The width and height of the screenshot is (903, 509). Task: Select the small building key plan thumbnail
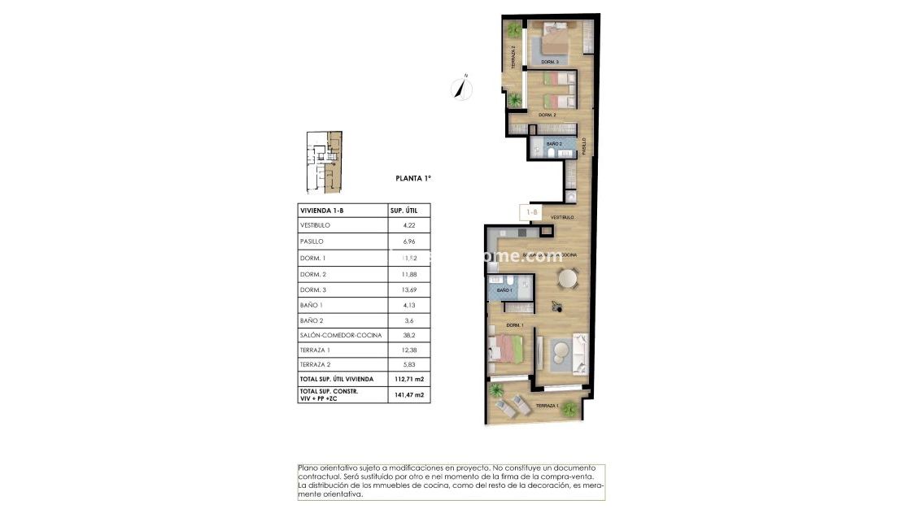click(x=324, y=162)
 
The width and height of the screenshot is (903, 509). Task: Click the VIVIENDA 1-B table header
click(x=323, y=211)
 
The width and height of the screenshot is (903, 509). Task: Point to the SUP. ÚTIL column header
click(x=406, y=211)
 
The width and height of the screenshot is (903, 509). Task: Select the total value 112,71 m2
click(x=408, y=378)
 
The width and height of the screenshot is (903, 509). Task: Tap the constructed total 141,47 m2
click(x=408, y=394)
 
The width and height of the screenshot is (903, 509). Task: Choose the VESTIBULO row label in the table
click(x=315, y=225)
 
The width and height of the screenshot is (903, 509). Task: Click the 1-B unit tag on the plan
click(x=532, y=212)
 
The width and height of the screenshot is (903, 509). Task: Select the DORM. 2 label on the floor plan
click(x=547, y=115)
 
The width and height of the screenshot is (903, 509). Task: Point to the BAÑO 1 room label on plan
click(x=504, y=290)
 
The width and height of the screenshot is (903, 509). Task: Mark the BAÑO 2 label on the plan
click(x=554, y=144)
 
